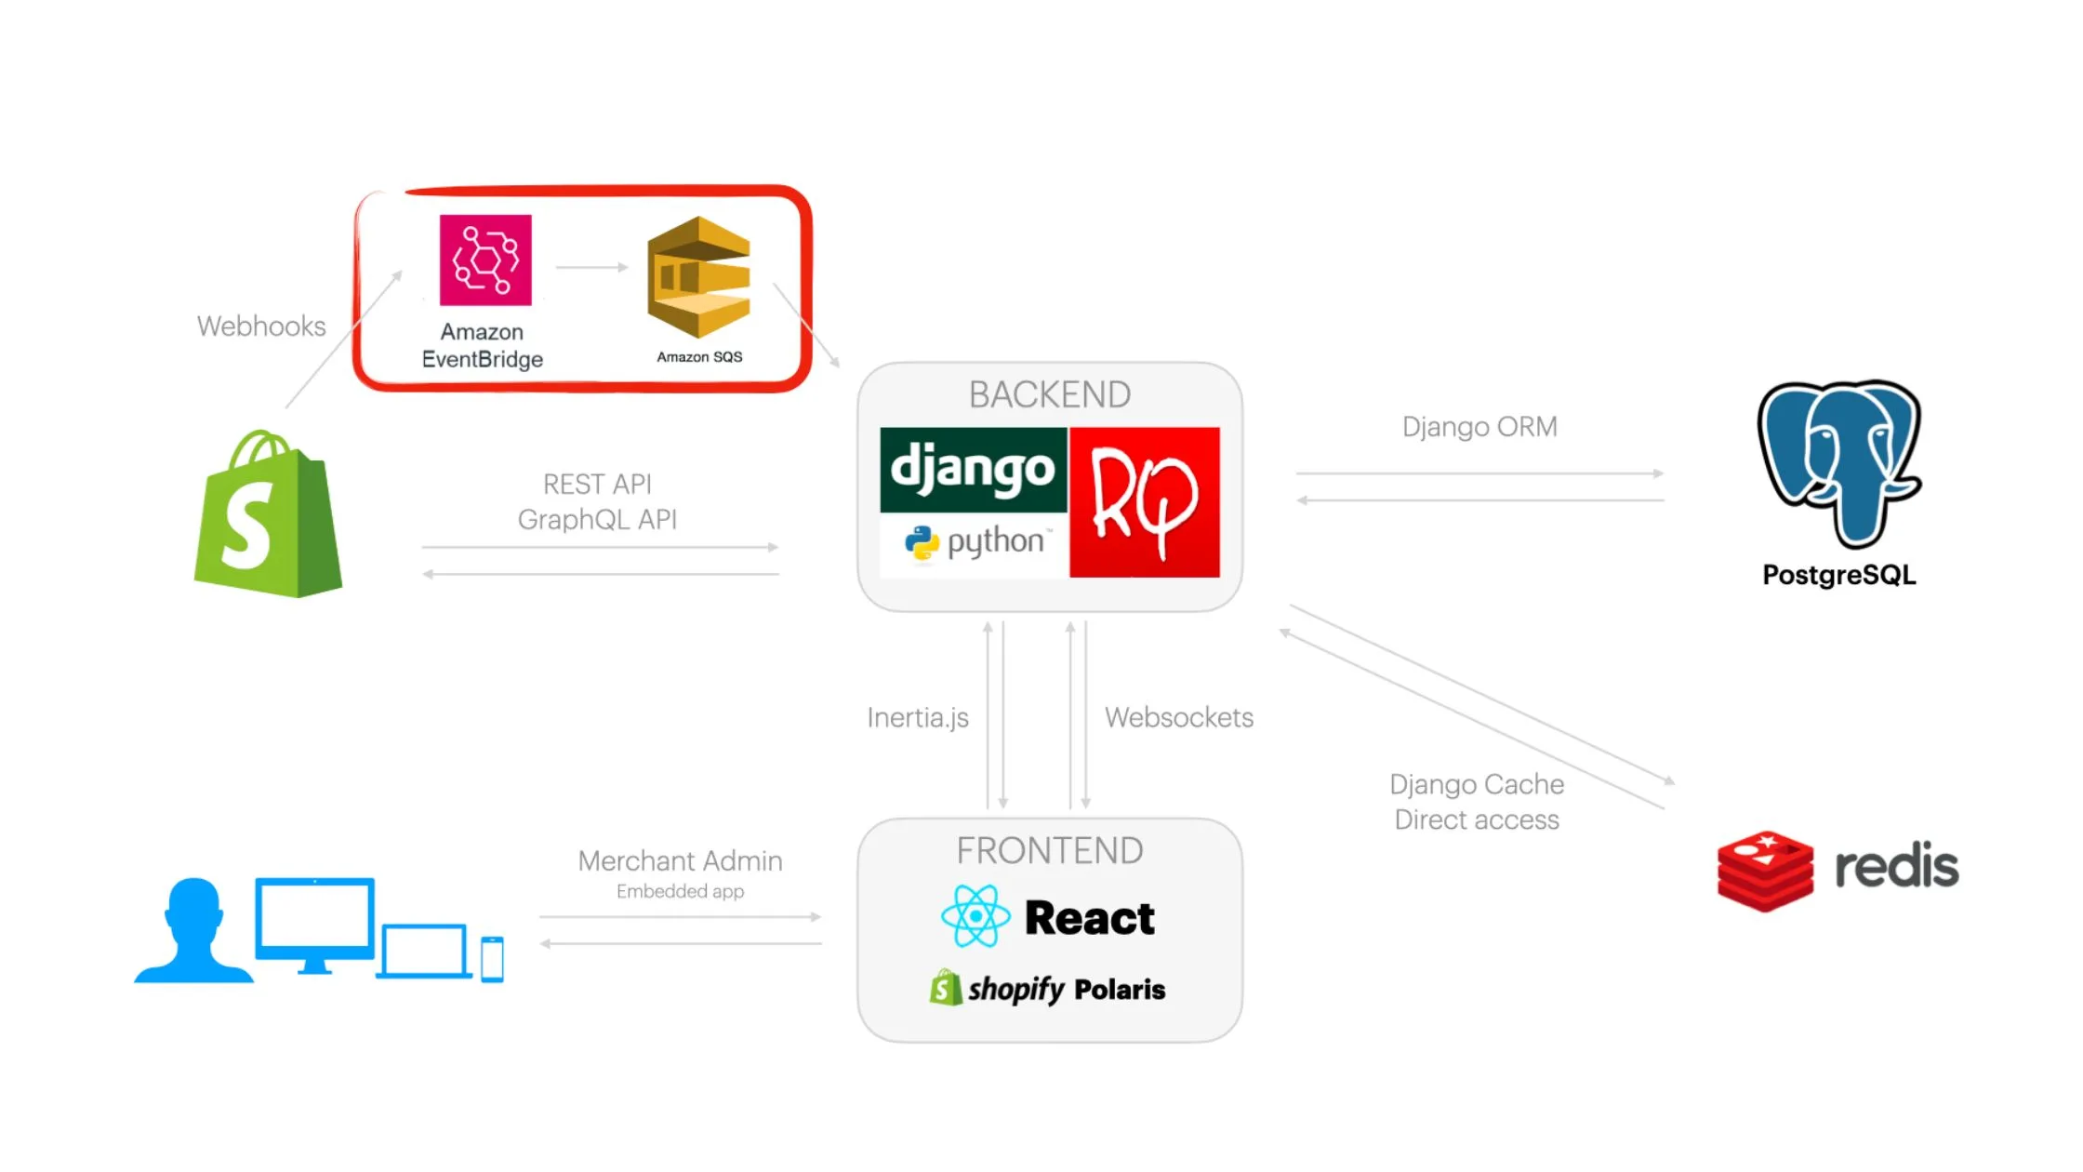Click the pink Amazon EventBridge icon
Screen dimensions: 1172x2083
coord(485,260)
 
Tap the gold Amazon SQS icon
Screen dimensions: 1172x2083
coord(699,277)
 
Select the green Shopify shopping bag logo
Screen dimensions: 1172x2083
coord(268,516)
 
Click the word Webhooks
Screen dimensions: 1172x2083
coord(261,326)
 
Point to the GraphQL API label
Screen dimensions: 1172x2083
coord(597,519)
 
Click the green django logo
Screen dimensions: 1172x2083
coord(973,469)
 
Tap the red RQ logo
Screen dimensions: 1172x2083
coord(1145,502)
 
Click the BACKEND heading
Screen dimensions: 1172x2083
coord(1050,395)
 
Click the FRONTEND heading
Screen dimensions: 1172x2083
coord(1050,851)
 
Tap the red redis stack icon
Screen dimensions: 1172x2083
coord(1764,871)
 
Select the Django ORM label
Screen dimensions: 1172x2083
coord(1479,427)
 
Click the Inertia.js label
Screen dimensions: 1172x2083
coord(918,718)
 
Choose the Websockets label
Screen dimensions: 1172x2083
coord(1179,718)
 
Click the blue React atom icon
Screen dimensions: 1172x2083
coord(975,916)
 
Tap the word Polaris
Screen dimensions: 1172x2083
coord(1120,990)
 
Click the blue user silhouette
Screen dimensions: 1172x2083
coord(194,931)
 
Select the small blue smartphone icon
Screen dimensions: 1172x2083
coord(492,959)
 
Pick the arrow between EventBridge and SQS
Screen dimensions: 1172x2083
coord(592,268)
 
